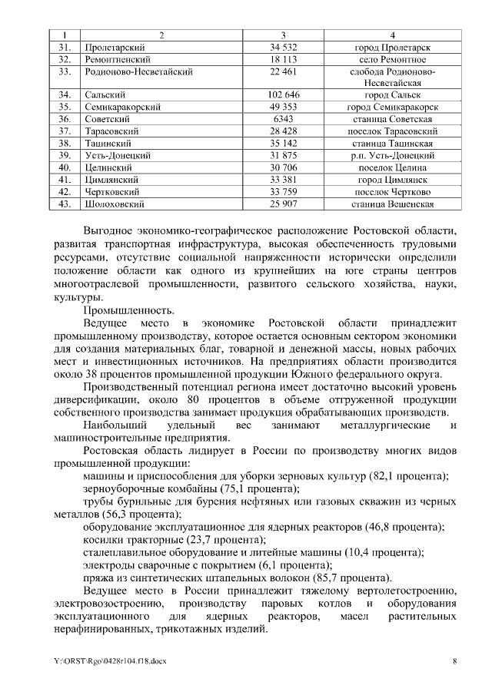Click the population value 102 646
pos(283,95)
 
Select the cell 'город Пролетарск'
pos(392,48)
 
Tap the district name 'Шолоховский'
pos(111,204)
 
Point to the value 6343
pos(283,119)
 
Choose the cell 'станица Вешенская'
pos(392,204)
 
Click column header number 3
pos(283,35)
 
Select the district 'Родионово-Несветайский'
pos(138,71)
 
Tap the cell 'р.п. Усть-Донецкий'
pos(392,155)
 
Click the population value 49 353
pos(283,107)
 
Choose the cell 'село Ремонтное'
pos(392,59)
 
